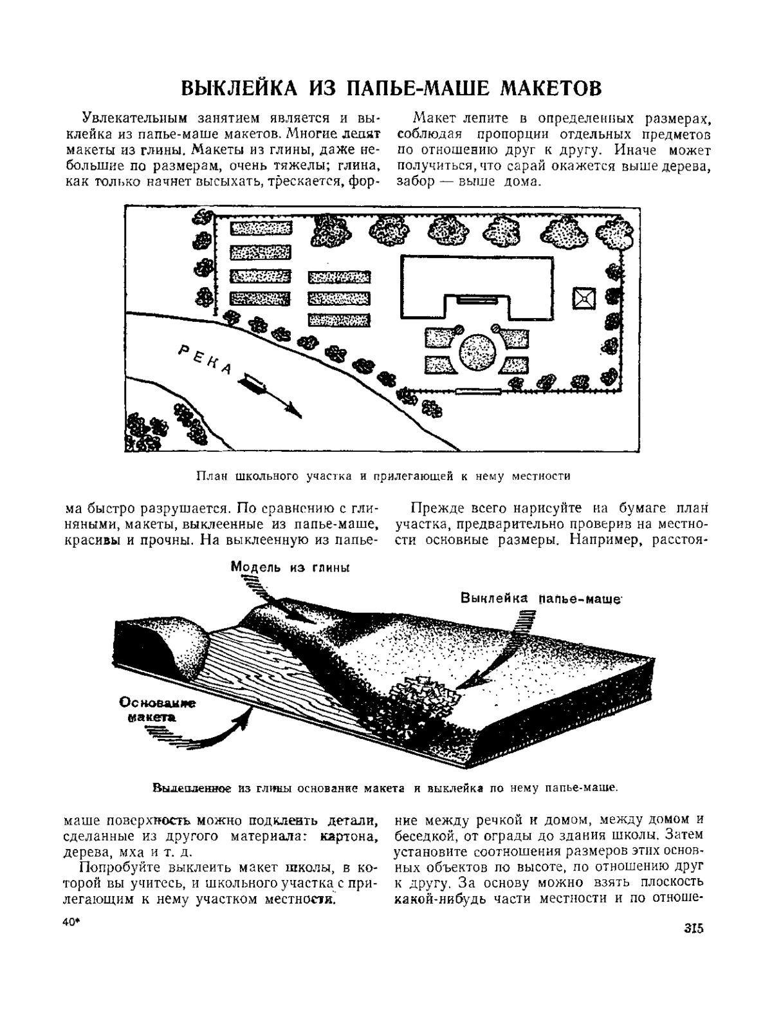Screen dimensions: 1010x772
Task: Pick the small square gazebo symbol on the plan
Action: tap(584, 299)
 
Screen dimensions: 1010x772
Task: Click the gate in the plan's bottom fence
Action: tap(477, 391)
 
